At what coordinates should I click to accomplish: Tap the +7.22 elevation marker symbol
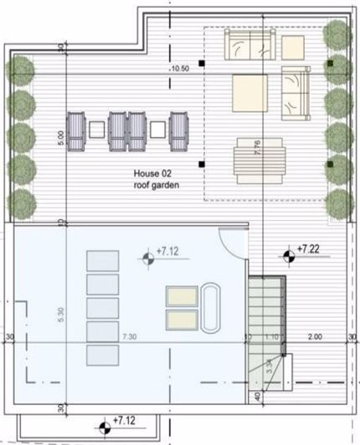tap(289, 253)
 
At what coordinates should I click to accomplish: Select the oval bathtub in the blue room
tap(210, 307)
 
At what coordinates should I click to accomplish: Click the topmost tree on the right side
tap(337, 35)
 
